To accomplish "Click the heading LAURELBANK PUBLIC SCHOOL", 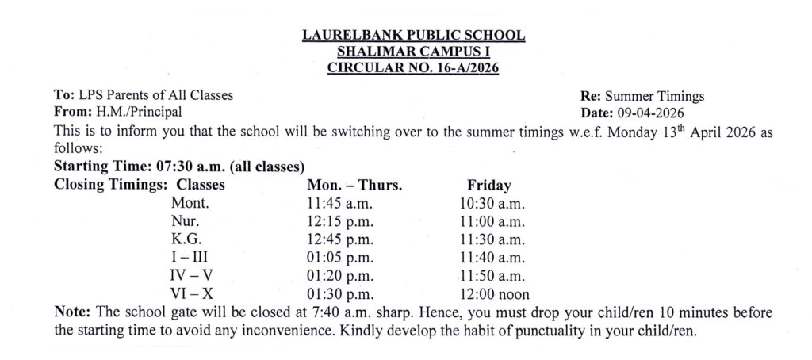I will [413, 36].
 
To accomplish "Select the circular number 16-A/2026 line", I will [413, 67].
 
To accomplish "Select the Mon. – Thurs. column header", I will [354, 186].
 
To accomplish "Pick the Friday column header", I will [489, 186].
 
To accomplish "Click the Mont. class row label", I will [189, 204].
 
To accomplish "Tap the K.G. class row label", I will [186, 239].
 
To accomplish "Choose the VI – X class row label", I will [191, 292].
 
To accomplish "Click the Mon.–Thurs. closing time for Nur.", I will [339, 221].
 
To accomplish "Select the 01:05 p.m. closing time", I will [339, 257].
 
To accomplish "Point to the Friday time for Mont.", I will [492, 204].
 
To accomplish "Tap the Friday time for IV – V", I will [492, 274].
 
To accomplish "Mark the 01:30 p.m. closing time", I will [339, 292].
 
